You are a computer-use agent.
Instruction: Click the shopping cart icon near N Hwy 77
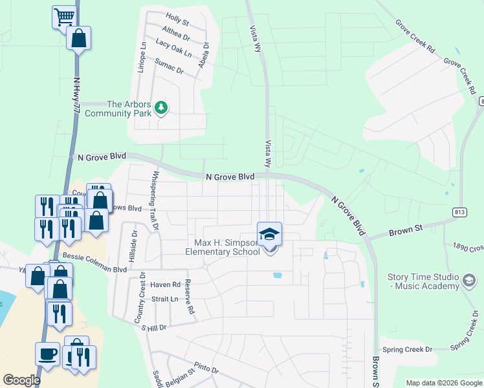(x=63, y=17)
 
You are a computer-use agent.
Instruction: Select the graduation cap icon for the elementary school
(x=269, y=234)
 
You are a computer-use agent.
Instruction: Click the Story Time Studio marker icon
(x=469, y=281)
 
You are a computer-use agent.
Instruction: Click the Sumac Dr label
(x=170, y=65)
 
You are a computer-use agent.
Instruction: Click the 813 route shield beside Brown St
(x=459, y=211)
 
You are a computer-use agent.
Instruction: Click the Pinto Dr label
(x=206, y=369)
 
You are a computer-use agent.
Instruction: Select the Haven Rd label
(x=165, y=285)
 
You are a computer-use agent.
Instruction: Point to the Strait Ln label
(x=164, y=299)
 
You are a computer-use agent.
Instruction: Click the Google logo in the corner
(x=21, y=380)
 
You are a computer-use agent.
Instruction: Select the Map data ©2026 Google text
(x=443, y=383)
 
